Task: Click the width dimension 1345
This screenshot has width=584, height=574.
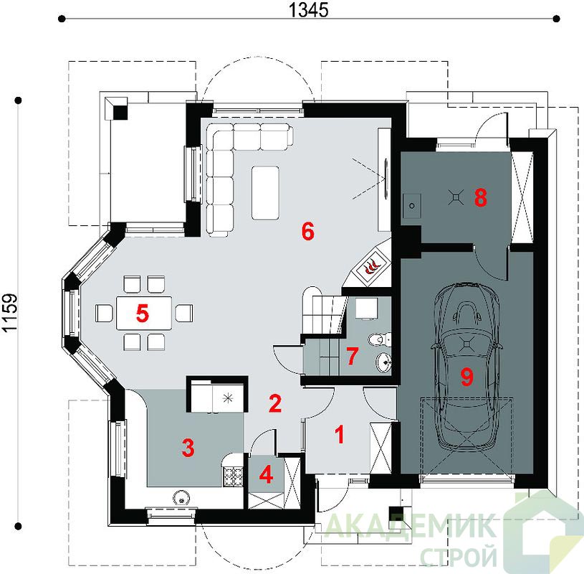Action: (309, 10)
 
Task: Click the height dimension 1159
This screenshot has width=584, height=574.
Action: (9, 313)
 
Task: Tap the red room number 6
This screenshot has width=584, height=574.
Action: (308, 231)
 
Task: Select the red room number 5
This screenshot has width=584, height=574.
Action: (143, 313)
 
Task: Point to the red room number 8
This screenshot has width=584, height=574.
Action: (481, 197)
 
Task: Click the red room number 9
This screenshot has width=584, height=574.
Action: (466, 376)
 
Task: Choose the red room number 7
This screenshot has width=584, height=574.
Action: (352, 355)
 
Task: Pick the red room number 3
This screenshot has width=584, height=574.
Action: (188, 448)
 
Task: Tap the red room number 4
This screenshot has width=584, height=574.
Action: (266, 475)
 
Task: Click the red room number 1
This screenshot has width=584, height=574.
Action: (340, 435)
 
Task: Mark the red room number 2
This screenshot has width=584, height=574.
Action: (275, 403)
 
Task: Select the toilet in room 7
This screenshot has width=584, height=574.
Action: (379, 339)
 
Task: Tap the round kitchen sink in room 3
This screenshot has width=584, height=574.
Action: (181, 497)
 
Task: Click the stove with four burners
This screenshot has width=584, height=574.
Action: (233, 476)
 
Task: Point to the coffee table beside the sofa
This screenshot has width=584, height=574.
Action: (265, 193)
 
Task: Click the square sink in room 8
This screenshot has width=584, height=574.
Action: (411, 206)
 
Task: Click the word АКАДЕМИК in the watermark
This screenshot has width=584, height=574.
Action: (410, 526)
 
